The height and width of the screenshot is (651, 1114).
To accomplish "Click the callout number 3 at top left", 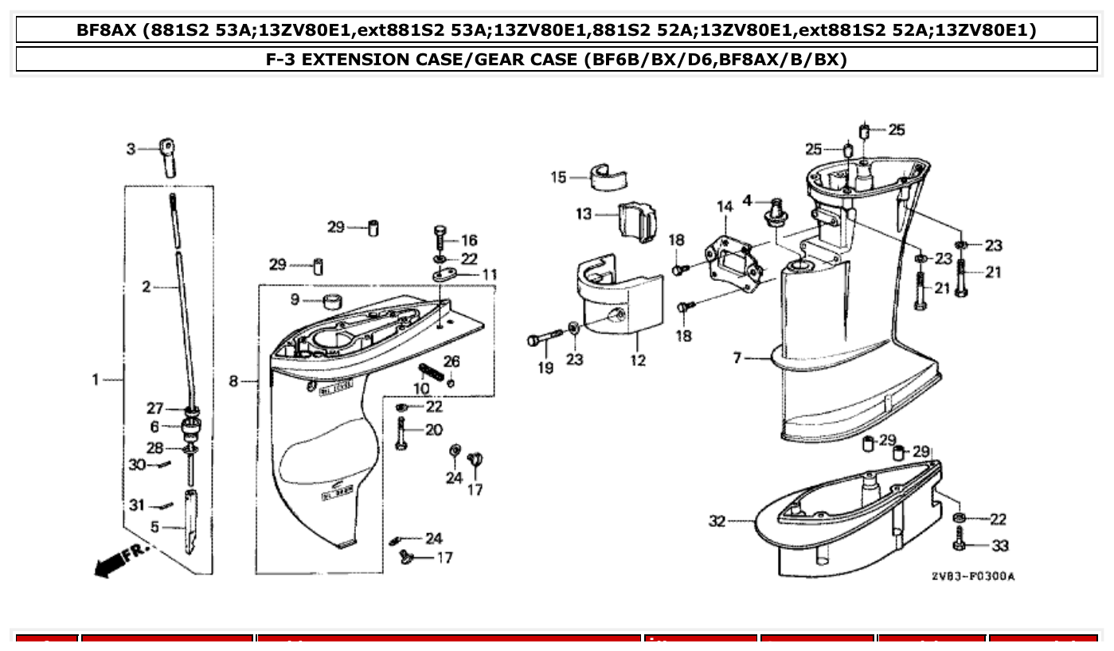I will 131,148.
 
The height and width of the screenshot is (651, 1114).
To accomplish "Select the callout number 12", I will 638,361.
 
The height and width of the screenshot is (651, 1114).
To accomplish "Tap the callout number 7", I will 737,359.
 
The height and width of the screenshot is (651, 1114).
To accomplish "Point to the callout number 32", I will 717,521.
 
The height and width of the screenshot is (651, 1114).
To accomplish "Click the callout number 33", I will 999,546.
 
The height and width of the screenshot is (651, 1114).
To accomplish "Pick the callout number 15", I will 558,177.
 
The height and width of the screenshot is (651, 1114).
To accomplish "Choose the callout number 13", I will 584,213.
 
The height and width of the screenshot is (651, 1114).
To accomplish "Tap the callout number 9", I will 295,299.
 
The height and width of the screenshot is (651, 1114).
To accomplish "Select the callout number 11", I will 489,275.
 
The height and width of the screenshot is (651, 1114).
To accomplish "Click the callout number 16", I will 469,240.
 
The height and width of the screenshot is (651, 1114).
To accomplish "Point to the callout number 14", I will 724,207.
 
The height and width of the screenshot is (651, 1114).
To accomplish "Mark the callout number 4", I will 747,200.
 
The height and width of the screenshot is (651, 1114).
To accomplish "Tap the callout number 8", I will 234,382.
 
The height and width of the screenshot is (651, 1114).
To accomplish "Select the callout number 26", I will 451,361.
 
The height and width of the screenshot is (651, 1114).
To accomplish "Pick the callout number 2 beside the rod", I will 147,287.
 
